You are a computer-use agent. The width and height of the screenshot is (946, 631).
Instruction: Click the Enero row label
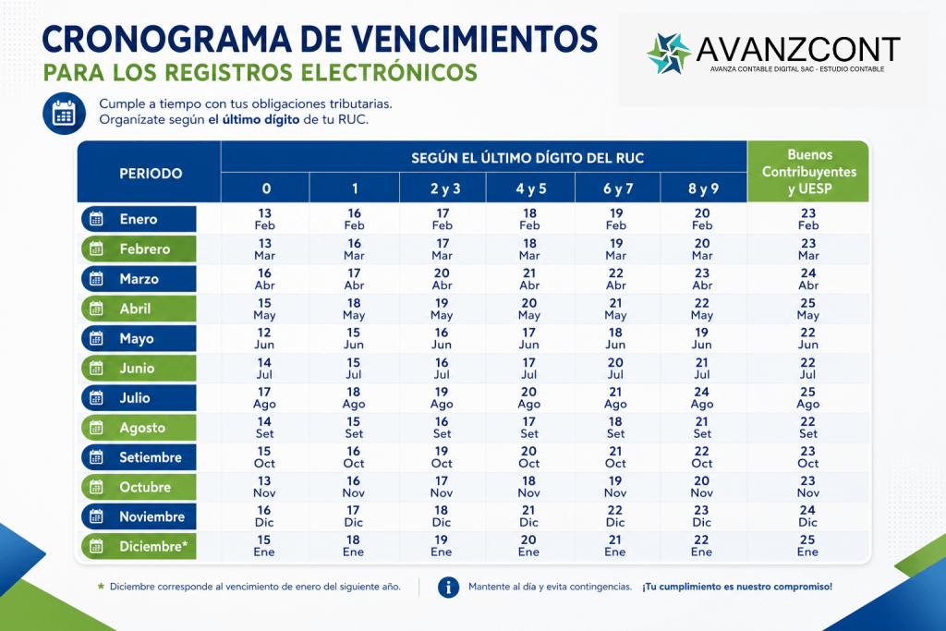[x=139, y=219]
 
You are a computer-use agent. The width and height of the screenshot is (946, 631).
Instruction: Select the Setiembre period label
[x=139, y=457]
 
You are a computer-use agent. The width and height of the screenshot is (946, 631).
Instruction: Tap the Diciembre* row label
[x=139, y=547]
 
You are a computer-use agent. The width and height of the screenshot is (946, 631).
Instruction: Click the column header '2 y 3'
[x=444, y=188]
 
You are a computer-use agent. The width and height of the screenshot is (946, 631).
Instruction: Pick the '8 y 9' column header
[x=703, y=188]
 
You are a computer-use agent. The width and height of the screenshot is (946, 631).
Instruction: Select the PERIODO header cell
[x=150, y=173]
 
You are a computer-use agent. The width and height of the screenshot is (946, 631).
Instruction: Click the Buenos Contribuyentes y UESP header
[x=809, y=171]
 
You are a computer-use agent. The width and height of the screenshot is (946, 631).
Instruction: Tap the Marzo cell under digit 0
[x=265, y=279]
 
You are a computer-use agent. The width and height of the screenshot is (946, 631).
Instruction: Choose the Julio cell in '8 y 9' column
[x=702, y=397]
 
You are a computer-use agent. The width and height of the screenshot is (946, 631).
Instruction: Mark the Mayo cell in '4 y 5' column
[x=529, y=338]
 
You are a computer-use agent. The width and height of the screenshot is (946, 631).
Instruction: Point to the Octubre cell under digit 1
[x=354, y=487]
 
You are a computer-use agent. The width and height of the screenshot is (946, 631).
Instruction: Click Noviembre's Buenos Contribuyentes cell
[x=807, y=516]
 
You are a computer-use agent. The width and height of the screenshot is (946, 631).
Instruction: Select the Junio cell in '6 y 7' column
[x=615, y=368]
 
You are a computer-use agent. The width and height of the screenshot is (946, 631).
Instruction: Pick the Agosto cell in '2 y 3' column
[x=442, y=427]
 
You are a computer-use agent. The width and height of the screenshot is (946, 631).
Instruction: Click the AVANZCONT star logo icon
[x=669, y=54]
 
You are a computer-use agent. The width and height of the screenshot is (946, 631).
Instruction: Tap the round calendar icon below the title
[x=64, y=113]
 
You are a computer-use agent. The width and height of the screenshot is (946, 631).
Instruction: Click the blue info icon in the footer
[x=448, y=587]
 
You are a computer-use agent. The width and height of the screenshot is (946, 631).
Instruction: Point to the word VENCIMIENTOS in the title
[x=474, y=40]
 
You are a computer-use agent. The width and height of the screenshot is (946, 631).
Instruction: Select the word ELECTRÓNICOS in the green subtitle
[x=389, y=72]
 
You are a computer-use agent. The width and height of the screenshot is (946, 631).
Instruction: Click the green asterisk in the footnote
[x=101, y=586]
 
